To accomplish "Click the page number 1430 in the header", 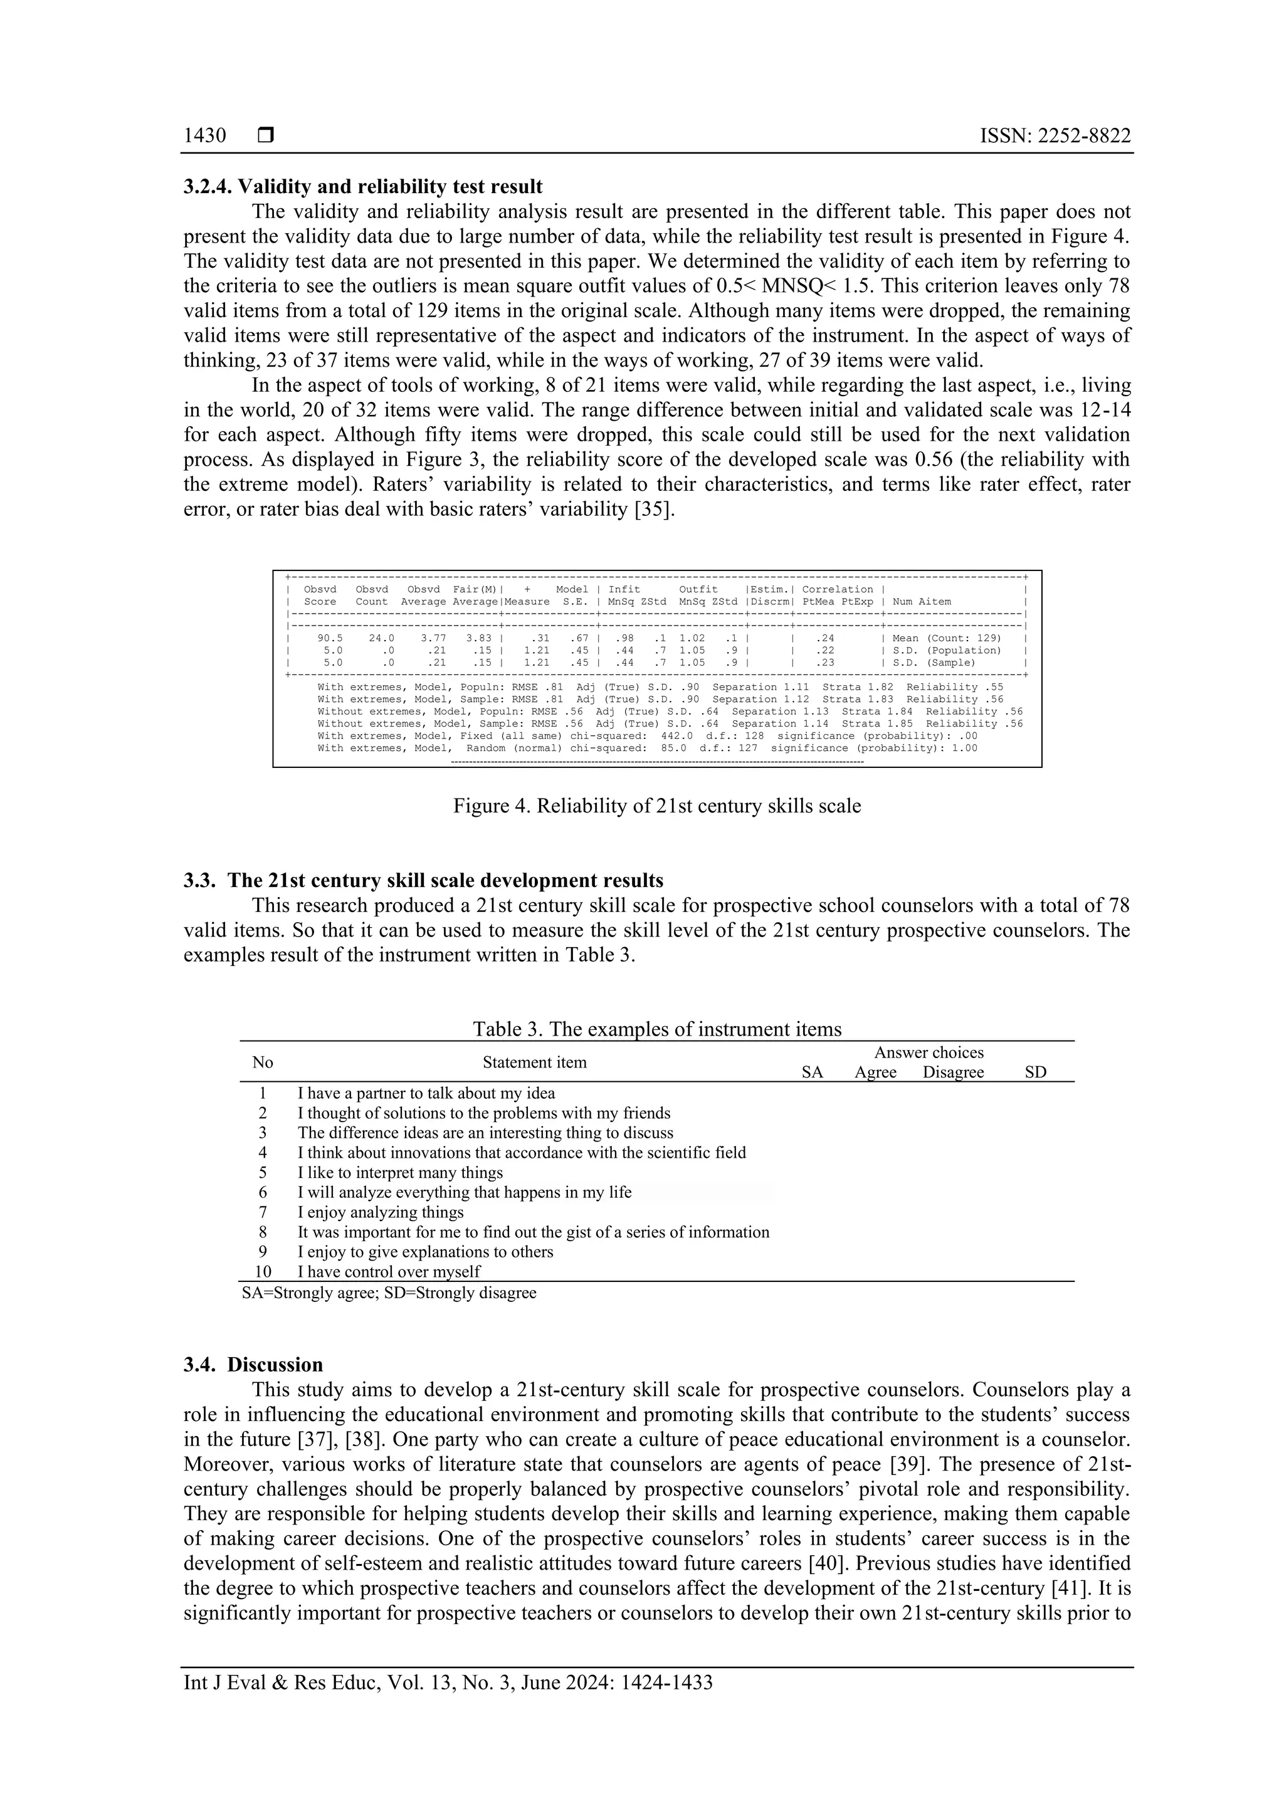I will pyautogui.click(x=204, y=135).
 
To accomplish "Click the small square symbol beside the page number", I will pyautogui.click(x=266, y=135).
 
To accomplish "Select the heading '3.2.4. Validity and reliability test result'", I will pyautogui.click(x=363, y=187).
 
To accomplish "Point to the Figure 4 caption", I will pyautogui.click(x=656, y=806).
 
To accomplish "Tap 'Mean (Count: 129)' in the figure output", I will pyautogui.click(x=946, y=638).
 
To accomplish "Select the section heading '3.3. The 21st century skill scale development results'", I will pyautogui.click(x=423, y=880).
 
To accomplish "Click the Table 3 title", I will pyautogui.click(x=656, y=1029).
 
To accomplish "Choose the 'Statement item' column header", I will pyautogui.click(x=535, y=1063).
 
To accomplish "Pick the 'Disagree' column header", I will pyautogui.click(x=954, y=1073).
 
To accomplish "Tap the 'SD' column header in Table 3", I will pyautogui.click(x=1035, y=1073).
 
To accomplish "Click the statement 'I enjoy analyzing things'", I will pyautogui.click(x=381, y=1212).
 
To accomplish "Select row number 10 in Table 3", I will pyautogui.click(x=263, y=1272).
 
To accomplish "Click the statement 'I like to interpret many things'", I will pyautogui.click(x=401, y=1172).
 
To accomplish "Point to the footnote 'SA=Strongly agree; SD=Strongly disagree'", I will pyautogui.click(x=389, y=1293).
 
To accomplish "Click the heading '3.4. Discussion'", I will pyautogui.click(x=253, y=1365).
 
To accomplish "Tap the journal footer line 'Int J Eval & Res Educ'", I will pyautogui.click(x=448, y=1704).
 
